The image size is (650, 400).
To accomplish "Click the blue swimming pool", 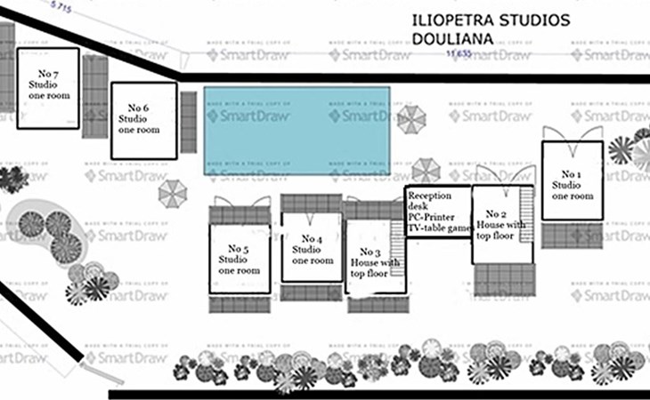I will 297,132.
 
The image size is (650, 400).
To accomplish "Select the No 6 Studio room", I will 143,121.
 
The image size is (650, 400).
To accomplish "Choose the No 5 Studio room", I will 239,259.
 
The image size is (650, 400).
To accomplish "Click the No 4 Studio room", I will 312,250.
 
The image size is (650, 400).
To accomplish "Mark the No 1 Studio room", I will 573,181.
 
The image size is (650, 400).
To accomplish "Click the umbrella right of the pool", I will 411,119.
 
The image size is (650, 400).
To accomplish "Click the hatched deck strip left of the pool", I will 188,116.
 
